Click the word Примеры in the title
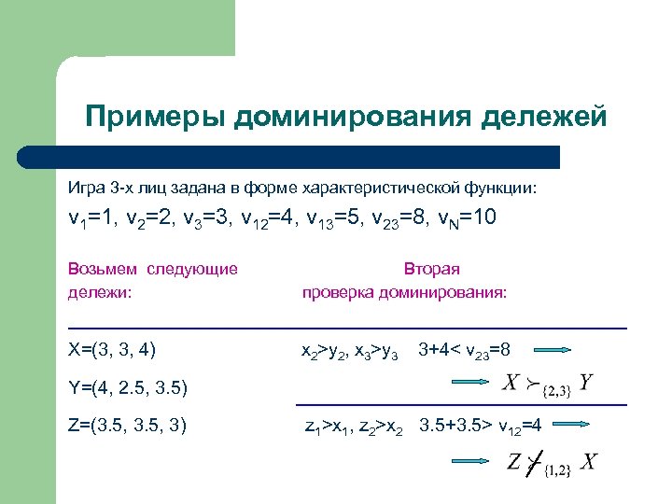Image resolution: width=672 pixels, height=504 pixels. [x=154, y=117]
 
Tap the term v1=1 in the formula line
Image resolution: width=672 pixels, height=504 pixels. [x=91, y=220]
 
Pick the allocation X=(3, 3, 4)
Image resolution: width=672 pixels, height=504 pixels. [x=112, y=351]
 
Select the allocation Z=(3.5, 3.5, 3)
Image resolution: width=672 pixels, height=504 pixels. [x=128, y=426]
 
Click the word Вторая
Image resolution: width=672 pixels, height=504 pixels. [x=431, y=270]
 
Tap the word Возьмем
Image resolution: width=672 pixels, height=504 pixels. [x=102, y=270]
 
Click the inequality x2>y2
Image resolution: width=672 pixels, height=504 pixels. [x=320, y=352]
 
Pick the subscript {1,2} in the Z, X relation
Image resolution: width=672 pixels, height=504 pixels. [x=554, y=468]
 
